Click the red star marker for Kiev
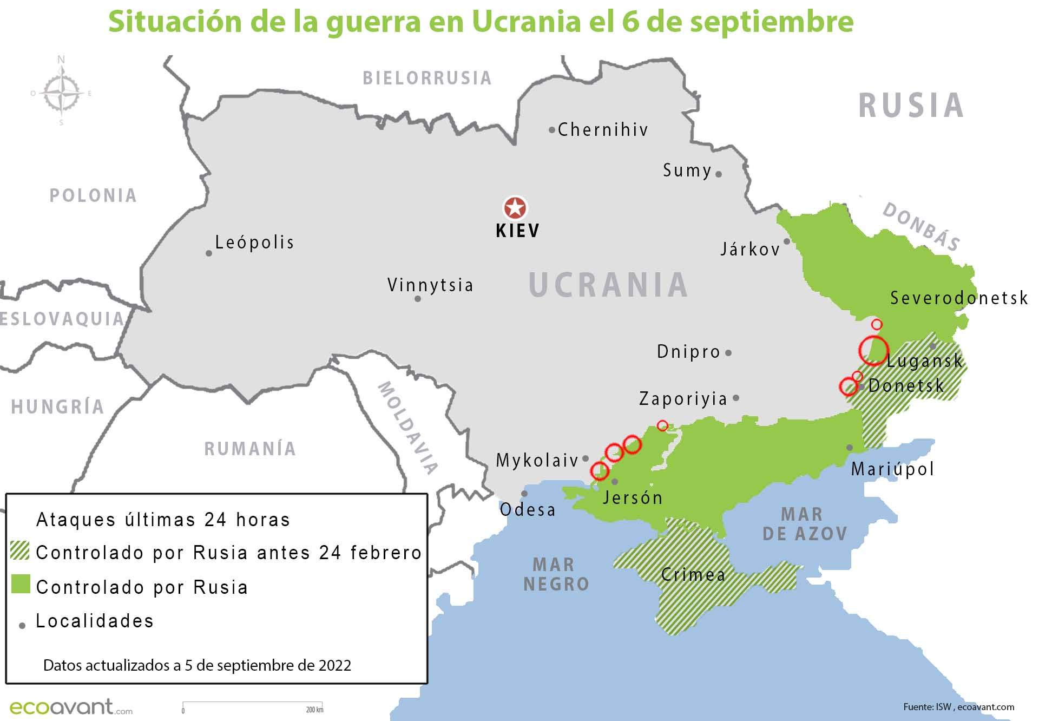tap(515, 208)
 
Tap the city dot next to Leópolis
tap(209, 253)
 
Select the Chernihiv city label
tap(602, 129)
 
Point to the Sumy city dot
tap(719, 174)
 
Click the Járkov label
tap(750, 249)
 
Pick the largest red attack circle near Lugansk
tap(873, 350)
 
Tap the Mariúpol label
tap(893, 469)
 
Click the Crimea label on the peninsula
tap(693, 574)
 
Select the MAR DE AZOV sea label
tap(805, 524)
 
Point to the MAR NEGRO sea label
tap(556, 574)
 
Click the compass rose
tap(61, 93)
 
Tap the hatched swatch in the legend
tap(20, 551)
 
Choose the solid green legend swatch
tap(21, 585)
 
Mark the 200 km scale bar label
tap(314, 710)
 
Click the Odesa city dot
tap(524, 494)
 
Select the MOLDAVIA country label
tap(407, 428)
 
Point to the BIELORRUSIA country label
tap(427, 78)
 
